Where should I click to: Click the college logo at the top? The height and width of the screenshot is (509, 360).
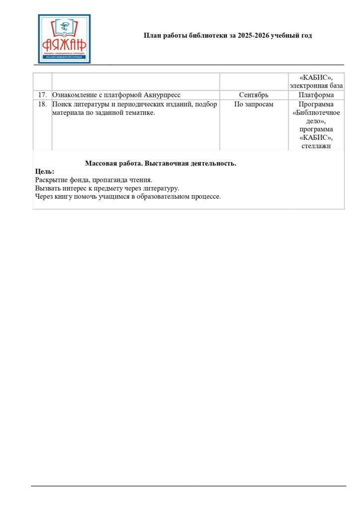coord(64,39)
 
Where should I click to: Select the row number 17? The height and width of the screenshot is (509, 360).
coord(42,95)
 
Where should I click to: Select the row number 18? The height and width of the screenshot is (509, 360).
coord(42,104)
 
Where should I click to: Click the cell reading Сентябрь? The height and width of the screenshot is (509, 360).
coord(254,95)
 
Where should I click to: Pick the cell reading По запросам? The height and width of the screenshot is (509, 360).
coord(254,104)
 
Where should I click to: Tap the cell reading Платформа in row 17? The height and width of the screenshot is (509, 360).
coord(316,95)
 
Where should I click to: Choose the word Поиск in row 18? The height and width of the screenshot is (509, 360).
coord(61,104)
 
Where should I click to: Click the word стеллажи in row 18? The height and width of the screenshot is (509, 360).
coord(316,146)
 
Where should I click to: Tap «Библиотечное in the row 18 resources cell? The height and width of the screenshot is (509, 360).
coord(316,113)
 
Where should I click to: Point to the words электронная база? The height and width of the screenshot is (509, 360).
coord(316,85)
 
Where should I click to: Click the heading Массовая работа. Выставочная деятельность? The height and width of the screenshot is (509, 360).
coord(161,164)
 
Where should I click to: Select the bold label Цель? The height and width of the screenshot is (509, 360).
coord(45,171)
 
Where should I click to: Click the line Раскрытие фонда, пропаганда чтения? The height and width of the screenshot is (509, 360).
coord(93,180)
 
